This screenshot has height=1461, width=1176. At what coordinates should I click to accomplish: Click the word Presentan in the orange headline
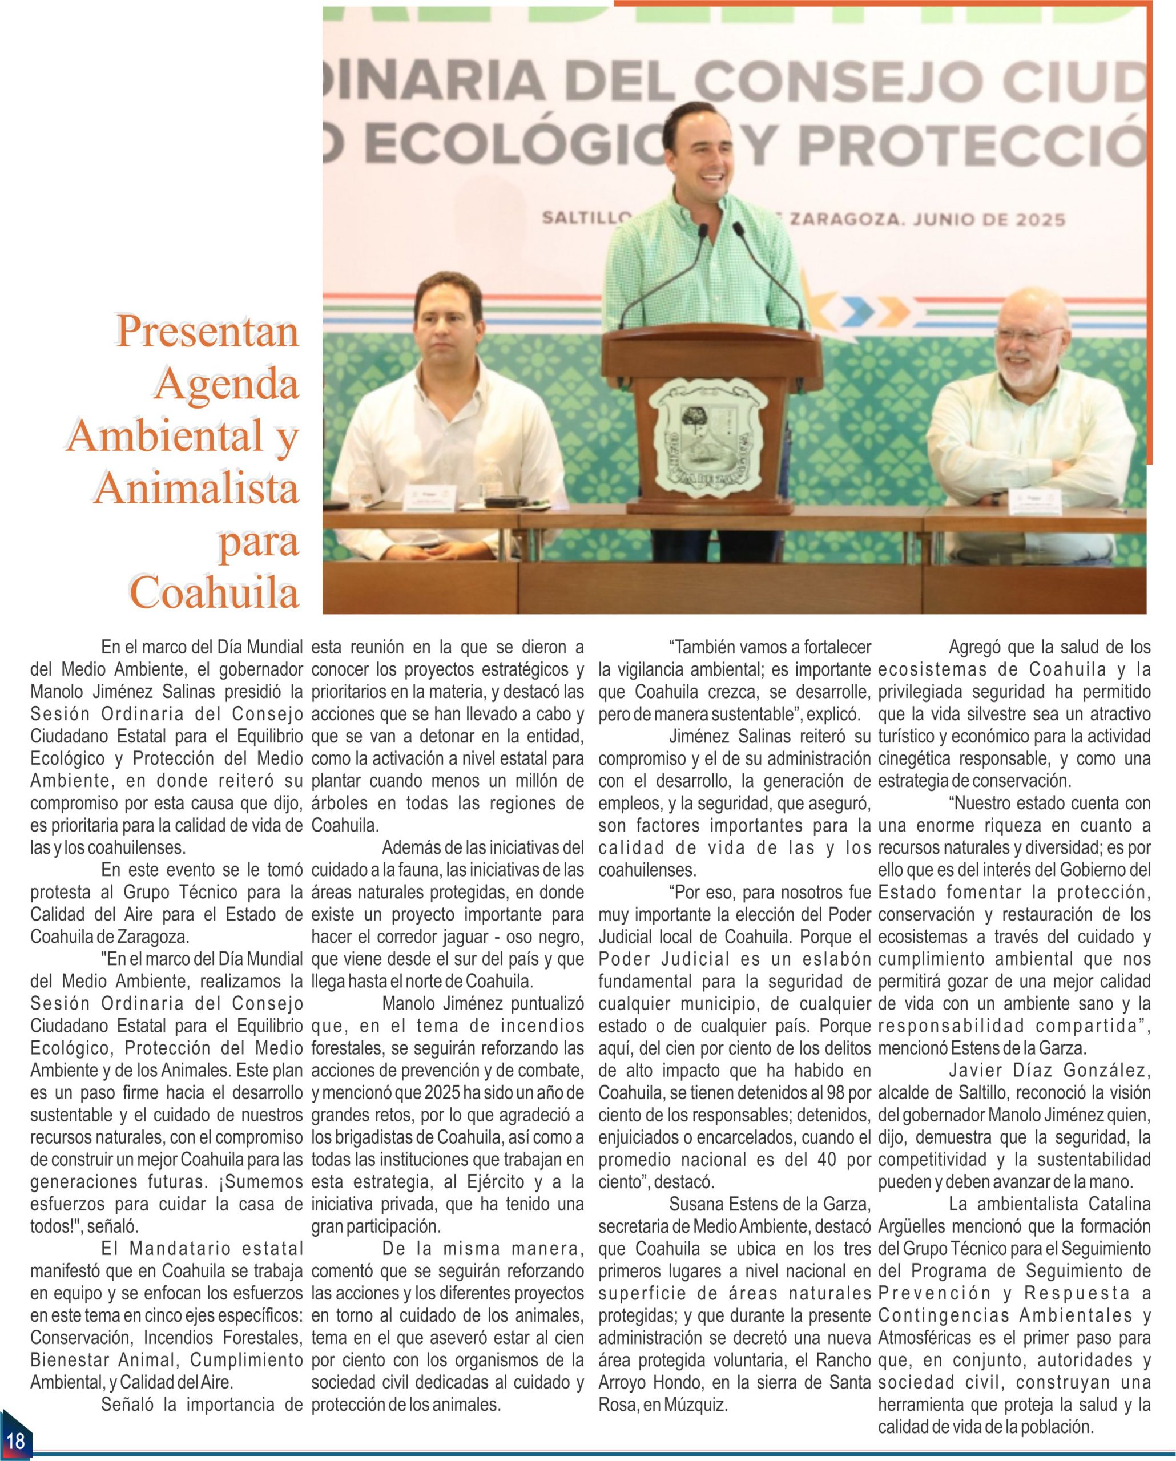coord(207,332)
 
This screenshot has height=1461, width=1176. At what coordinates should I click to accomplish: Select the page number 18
coord(15,1440)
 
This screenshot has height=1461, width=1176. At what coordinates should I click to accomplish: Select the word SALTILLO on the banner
coord(583,218)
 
